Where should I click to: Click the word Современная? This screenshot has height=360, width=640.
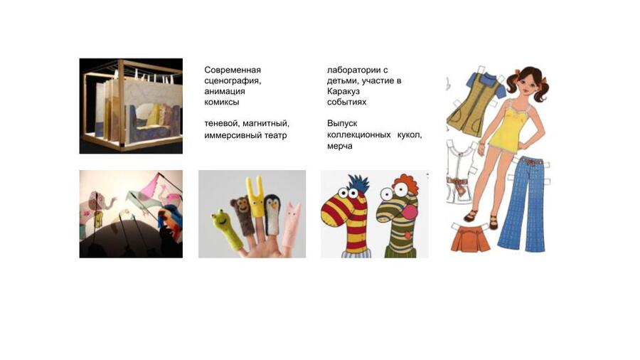[x=233, y=70]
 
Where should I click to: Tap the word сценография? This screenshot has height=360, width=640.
[x=233, y=81]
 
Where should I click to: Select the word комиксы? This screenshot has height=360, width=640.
[x=222, y=102]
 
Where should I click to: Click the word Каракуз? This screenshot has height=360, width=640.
[x=343, y=92]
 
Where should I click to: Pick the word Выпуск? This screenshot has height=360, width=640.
[x=342, y=123]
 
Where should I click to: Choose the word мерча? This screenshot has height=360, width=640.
[x=340, y=146]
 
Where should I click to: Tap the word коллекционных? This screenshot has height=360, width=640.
[x=359, y=134]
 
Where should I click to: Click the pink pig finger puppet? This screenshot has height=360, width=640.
[x=291, y=225]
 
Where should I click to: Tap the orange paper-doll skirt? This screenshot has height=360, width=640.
[x=470, y=238]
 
